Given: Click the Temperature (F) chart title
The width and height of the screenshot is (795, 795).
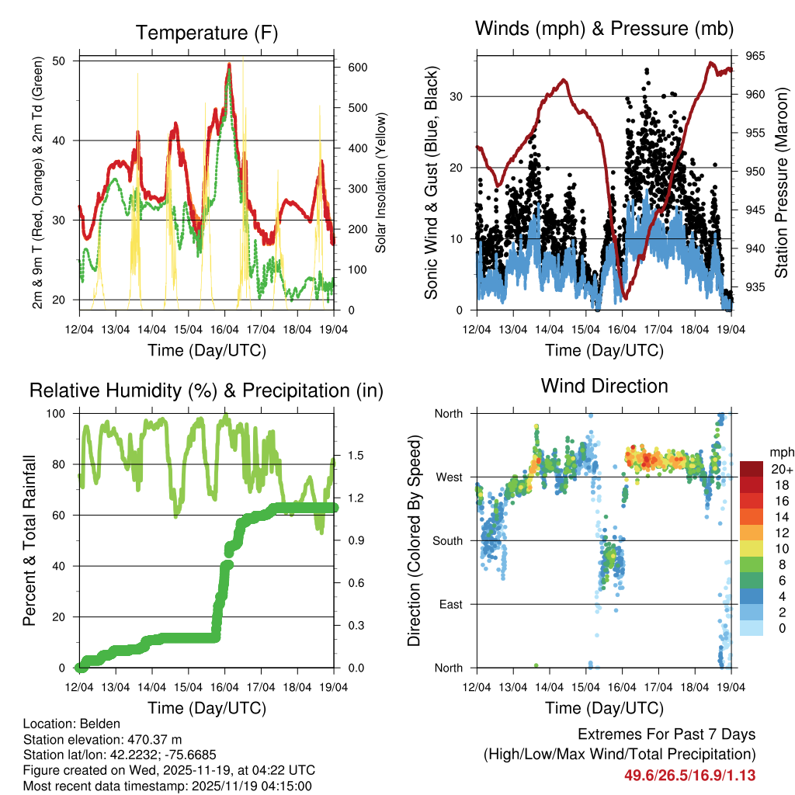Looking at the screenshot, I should point(207,33).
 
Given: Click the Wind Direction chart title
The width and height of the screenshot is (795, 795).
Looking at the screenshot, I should point(604,385).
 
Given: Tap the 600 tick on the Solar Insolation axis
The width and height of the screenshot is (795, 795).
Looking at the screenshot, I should point(357,68).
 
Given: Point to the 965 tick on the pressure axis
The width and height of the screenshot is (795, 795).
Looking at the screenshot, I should point(755,56).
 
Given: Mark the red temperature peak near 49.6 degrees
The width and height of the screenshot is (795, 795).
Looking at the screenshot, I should point(229,66).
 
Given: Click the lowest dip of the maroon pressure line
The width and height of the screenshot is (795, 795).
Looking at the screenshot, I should point(624,297).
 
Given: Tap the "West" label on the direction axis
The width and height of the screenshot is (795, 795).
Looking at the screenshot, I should point(448,477).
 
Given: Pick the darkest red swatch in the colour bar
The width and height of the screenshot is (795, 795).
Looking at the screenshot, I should point(751,469).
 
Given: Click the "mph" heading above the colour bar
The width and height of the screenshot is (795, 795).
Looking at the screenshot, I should point(779,452).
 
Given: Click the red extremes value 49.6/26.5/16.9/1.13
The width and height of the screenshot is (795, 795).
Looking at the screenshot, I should point(689,775).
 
